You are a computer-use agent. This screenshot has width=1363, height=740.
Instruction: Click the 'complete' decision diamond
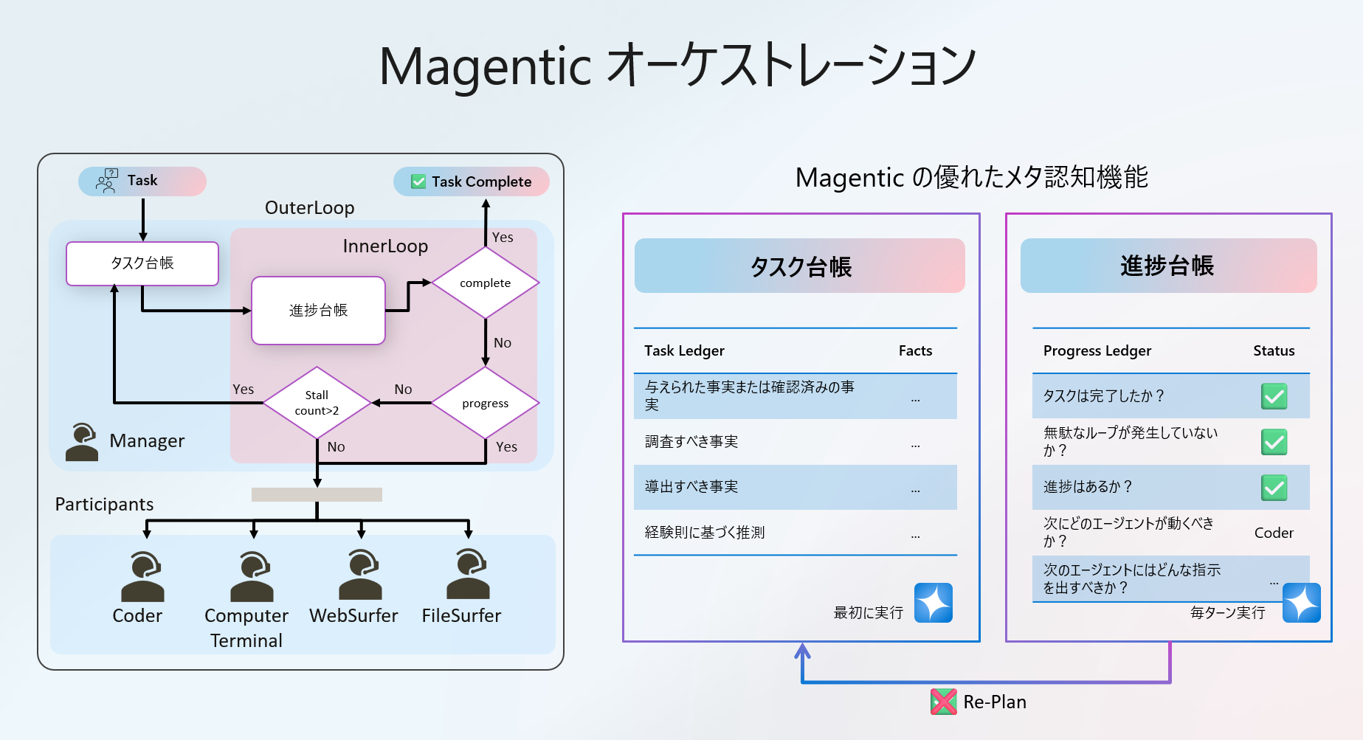485,283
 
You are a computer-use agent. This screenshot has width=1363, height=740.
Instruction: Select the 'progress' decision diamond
485,403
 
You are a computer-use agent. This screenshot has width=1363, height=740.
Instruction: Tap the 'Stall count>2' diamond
317,403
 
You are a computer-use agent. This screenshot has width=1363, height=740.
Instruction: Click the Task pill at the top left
142,181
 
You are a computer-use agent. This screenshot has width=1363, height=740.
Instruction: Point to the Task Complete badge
472,181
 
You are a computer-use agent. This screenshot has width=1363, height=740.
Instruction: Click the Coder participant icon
142,576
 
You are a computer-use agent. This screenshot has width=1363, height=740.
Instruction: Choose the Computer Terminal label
246,628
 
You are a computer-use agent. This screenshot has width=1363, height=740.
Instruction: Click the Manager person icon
81,441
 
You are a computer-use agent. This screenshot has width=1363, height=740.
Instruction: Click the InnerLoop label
385,246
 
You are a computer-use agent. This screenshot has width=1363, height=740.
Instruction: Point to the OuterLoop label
309,208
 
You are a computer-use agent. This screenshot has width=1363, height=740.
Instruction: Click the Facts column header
915,351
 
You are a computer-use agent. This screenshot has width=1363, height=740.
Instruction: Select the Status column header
1274,351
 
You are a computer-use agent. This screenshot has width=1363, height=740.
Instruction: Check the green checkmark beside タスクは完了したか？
1274,396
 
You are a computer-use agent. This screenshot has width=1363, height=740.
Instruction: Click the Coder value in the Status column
1274,533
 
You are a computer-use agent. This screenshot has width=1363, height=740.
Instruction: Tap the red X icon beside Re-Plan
943,702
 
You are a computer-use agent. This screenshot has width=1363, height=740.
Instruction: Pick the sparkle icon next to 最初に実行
934,603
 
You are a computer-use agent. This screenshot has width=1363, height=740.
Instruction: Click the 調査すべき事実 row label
691,442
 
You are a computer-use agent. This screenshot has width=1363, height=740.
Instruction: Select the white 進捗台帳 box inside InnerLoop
318,311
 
